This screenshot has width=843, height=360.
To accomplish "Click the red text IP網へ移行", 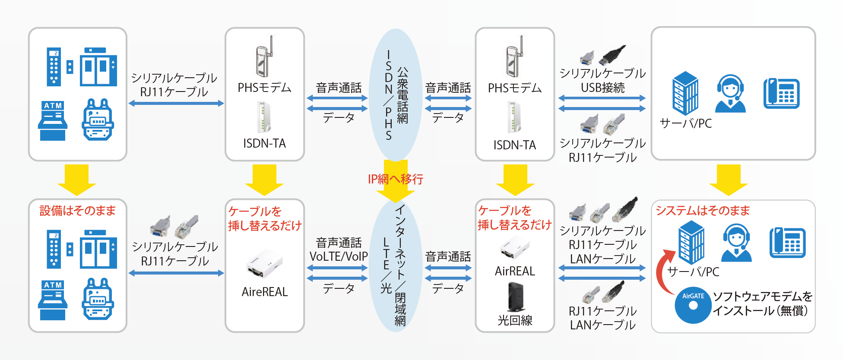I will click(x=395, y=179).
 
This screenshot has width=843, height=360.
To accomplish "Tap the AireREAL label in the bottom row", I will click(x=265, y=292).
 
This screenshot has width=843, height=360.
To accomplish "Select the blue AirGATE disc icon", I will click(x=693, y=305).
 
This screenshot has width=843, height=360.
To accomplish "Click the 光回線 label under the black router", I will click(x=515, y=320).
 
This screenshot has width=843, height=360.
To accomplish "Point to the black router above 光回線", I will click(x=515, y=297).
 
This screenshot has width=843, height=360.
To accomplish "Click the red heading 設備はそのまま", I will click(x=78, y=211).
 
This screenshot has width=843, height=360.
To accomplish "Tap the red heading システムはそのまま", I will click(x=703, y=211).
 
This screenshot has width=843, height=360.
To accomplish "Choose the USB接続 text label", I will click(x=602, y=88).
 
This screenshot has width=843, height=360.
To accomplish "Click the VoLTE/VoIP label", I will click(x=339, y=256).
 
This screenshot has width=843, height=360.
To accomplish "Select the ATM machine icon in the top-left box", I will click(x=53, y=121).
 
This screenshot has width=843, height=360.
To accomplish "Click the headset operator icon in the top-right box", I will click(x=730, y=94).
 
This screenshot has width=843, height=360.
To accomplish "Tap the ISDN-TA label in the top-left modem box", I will click(x=264, y=143).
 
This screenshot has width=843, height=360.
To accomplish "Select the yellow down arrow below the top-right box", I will click(x=729, y=180).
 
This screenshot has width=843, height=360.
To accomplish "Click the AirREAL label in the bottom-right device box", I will click(x=515, y=271).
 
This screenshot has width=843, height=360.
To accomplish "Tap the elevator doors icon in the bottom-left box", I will click(x=98, y=250).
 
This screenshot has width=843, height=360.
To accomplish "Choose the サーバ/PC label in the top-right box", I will click(x=686, y=123).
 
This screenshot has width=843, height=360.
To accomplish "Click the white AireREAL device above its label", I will click(x=264, y=263).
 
